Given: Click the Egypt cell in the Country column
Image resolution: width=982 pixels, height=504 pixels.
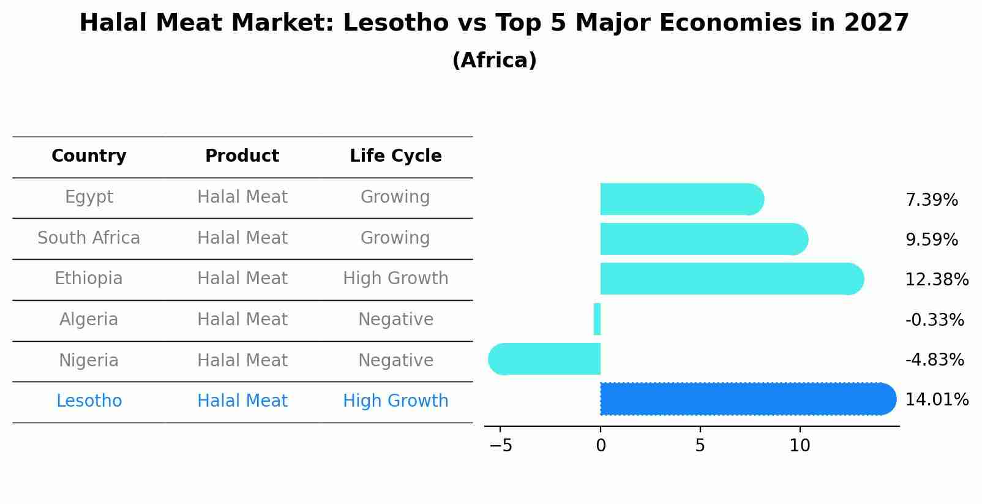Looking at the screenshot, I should [89, 197].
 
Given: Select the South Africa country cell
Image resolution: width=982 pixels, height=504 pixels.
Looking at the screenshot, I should [89, 238].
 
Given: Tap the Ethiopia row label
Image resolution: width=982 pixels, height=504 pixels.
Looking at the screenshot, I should [89, 279].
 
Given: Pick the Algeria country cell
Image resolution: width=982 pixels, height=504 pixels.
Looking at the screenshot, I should [89, 320].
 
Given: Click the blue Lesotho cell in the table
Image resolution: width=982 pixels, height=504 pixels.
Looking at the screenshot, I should [89, 401].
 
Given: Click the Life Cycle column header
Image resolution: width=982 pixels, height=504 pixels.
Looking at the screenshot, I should [395, 156].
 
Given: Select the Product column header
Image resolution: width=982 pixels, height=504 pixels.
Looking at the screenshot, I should [242, 156].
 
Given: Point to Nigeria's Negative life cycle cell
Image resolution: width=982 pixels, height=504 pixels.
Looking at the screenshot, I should [395, 360].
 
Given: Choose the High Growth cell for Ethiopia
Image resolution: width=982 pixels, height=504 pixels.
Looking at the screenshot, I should [395, 279].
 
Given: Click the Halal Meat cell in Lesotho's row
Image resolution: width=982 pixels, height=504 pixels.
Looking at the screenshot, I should [242, 401].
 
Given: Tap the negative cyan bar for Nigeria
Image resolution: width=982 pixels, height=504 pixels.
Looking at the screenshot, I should [545, 359].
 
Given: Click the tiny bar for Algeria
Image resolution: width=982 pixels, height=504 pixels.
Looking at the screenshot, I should [597, 319].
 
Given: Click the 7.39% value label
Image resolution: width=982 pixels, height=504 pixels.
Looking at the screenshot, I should [931, 200].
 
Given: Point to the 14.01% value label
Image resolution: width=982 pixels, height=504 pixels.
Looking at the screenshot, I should [936, 400].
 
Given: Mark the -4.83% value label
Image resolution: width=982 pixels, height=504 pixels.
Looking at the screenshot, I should [934, 360].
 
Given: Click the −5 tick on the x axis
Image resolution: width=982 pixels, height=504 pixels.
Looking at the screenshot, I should [501, 446].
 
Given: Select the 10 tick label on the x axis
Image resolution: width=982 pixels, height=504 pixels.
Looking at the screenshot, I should [800, 446].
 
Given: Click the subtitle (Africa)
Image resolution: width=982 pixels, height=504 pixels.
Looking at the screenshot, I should [494, 61].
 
